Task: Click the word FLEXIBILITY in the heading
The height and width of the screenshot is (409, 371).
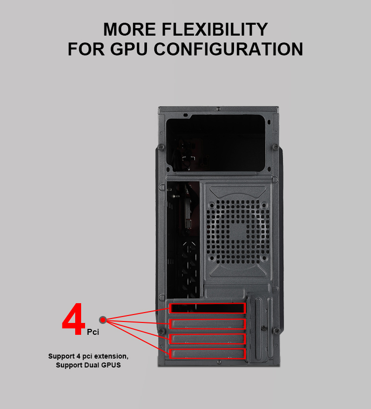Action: [215, 29]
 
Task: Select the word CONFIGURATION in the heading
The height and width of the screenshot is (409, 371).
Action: [228, 49]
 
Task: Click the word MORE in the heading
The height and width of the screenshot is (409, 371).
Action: [130, 29]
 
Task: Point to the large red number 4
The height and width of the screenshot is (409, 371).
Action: [74, 319]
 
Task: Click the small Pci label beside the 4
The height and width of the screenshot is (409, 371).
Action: [93, 332]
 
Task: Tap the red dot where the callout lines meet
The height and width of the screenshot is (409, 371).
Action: [103, 320]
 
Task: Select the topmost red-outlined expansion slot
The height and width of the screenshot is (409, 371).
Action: [207, 308]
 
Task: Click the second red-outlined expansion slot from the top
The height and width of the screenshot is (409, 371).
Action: [207, 324]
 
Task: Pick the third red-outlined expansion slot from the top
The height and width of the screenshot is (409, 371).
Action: [207, 339]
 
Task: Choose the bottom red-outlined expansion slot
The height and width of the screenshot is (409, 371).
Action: [207, 354]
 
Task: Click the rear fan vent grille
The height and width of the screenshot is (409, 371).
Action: [237, 231]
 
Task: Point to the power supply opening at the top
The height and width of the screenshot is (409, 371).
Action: [216, 143]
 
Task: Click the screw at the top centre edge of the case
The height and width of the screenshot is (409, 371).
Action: [218, 108]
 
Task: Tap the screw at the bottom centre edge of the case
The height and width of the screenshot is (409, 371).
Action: [219, 362]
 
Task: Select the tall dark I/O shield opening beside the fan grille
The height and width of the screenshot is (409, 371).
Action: [183, 240]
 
